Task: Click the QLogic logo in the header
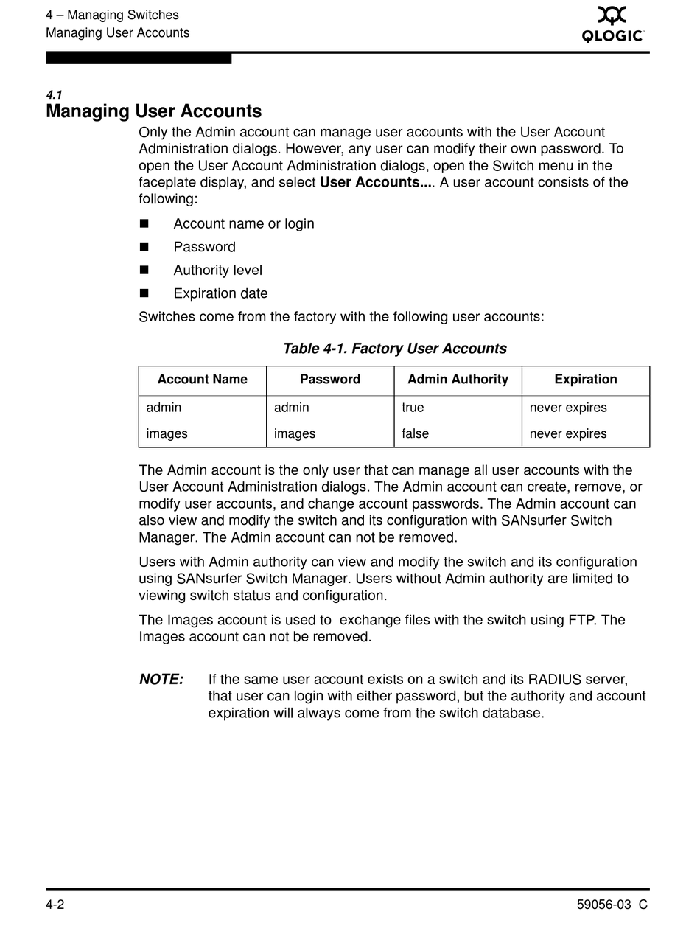tap(613, 24)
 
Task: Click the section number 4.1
tap(54, 95)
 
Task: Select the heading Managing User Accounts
tap(153, 111)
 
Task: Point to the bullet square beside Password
tap(144, 247)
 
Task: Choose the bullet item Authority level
tap(217, 271)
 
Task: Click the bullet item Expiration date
tap(220, 293)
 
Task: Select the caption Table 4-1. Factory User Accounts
tap(394, 349)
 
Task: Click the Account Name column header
tap(202, 380)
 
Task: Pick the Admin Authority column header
tap(458, 380)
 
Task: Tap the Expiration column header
tap(586, 380)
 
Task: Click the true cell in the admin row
tap(413, 408)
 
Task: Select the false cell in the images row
tap(415, 434)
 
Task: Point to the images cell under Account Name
tap(167, 434)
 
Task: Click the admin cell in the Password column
tap(291, 408)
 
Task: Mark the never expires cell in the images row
tap(568, 434)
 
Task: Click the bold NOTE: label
tap(161, 680)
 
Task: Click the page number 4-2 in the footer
tap(55, 905)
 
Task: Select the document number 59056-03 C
tap(612, 905)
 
